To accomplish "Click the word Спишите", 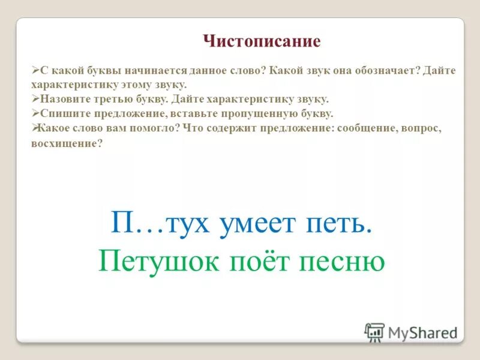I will pos(62,113).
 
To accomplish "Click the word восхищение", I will pos(66,145).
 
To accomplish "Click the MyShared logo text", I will pos(422,332).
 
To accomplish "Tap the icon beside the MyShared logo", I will pos(374,332).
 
